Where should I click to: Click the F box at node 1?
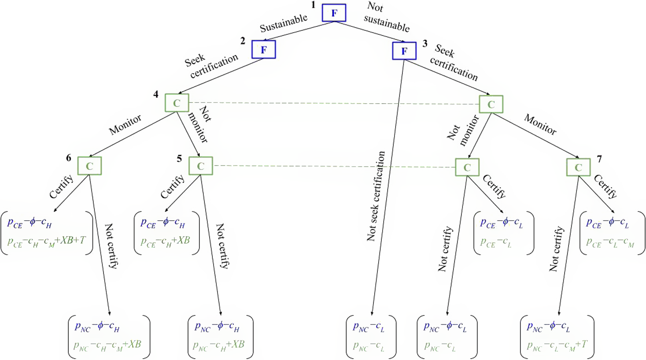click(334, 13)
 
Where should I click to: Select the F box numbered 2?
click(264, 49)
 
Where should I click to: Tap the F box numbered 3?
click(404, 51)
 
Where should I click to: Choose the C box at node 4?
click(177, 103)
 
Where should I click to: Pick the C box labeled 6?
click(89, 166)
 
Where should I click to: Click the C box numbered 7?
click(578, 167)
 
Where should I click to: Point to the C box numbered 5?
click(201, 166)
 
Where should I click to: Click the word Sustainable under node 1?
click(284, 23)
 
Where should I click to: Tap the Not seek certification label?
click(376, 197)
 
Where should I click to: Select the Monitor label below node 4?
click(125, 124)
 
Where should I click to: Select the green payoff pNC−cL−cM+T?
click(557, 345)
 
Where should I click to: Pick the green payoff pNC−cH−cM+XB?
click(107, 345)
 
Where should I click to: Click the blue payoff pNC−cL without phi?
click(369, 327)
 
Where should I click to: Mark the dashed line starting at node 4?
click(334, 103)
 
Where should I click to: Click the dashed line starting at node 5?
click(334, 166)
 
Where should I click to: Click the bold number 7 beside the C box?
click(599, 159)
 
